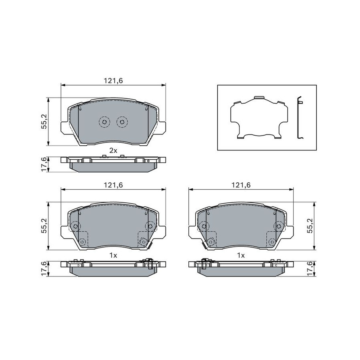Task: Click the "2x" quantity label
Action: (x=113, y=151)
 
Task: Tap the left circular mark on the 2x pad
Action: (x=104, y=122)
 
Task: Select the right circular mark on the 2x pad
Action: (x=122, y=122)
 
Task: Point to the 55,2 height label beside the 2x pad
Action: (x=44, y=122)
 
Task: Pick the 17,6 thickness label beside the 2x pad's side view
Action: (x=44, y=164)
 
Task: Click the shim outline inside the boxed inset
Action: (x=259, y=118)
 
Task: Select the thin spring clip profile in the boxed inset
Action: (x=299, y=118)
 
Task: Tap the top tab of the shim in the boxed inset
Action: (x=259, y=98)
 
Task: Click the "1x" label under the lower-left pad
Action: (x=113, y=255)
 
